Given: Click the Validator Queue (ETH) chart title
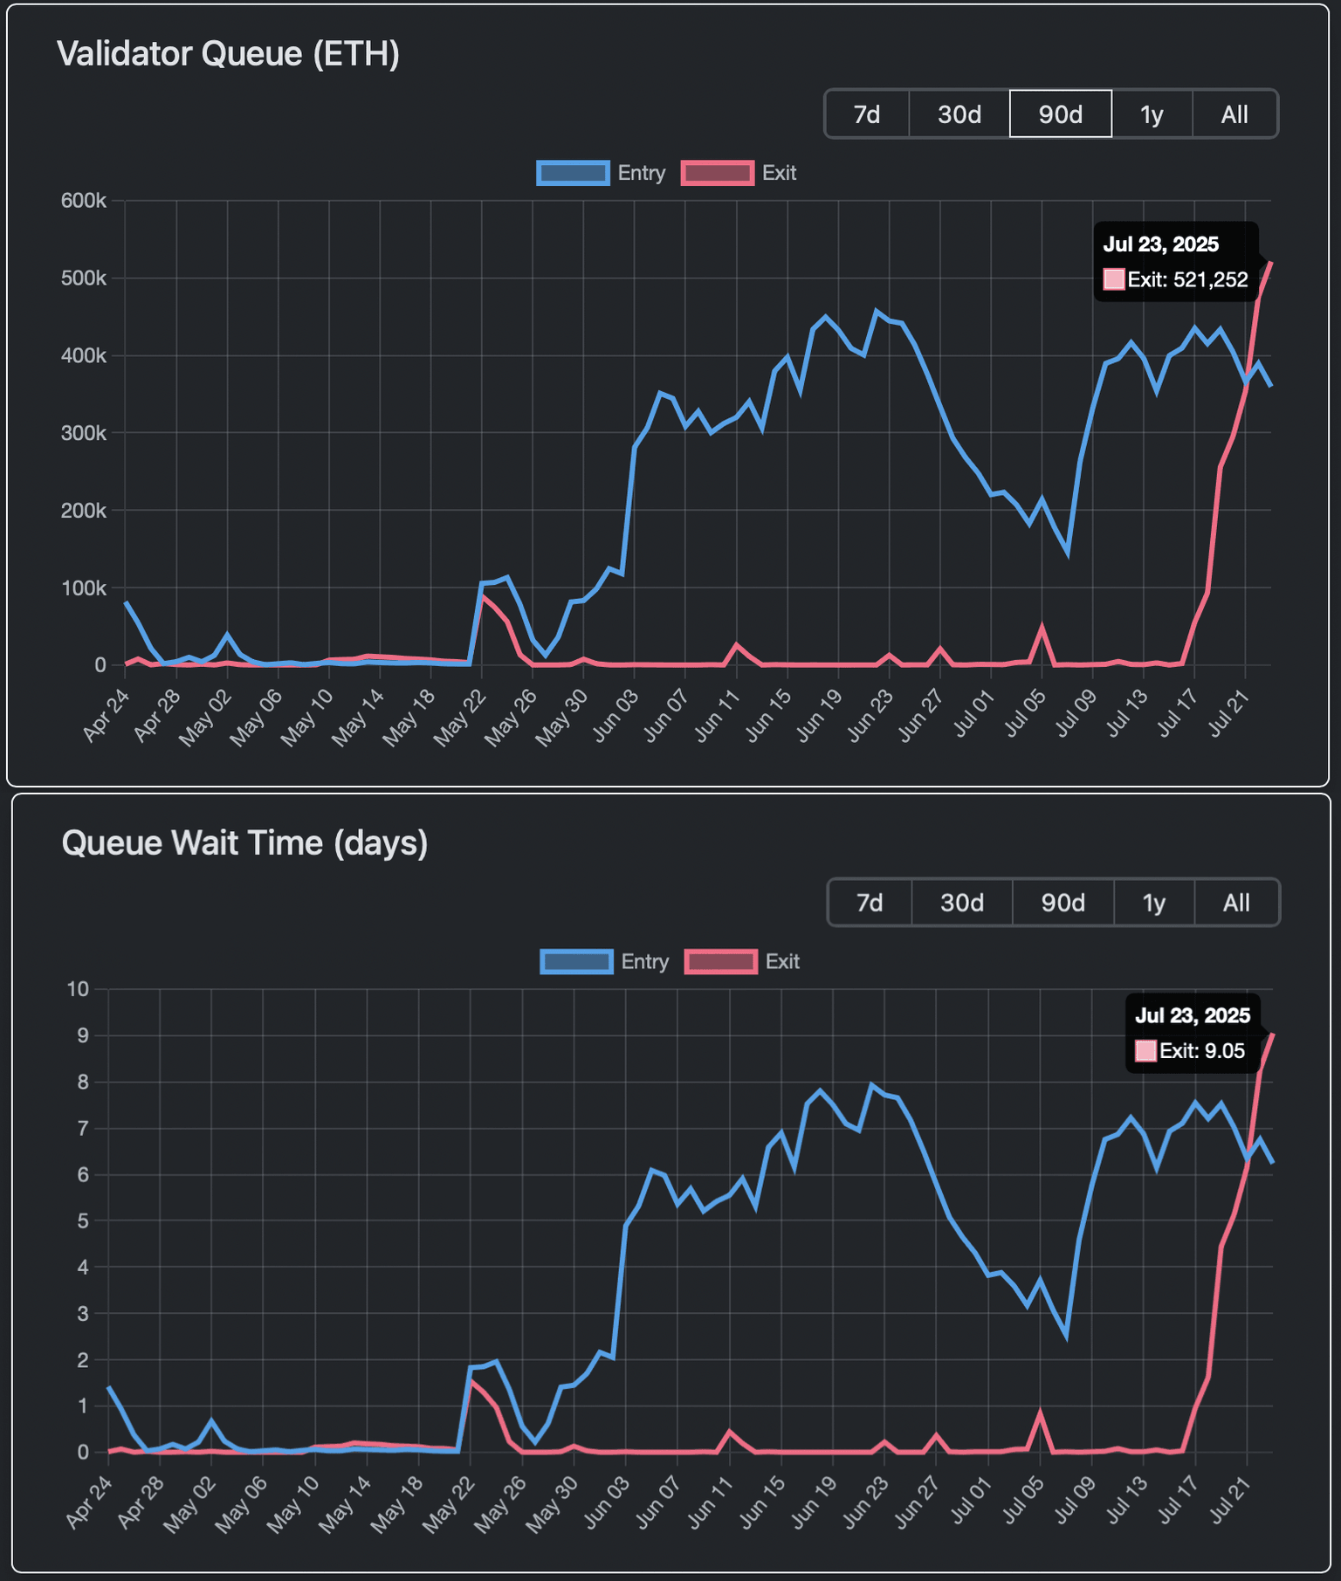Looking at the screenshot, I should coord(228,54).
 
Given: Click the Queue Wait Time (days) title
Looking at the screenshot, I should coord(244,843).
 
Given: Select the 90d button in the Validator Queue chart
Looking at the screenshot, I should coord(1060,114).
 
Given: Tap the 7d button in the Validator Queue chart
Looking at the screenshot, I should coord(866,114).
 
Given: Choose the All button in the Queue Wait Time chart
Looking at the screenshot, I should coord(1235,903).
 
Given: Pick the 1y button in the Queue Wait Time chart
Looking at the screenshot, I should coord(1153,903).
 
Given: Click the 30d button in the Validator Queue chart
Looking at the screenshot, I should coord(959,114).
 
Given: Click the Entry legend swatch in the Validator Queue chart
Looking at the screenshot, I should coord(573,173).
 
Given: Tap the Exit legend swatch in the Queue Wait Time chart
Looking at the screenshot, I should coord(720,962).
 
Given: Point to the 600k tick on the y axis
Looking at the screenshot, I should coord(84,201).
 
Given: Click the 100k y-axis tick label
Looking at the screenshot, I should coord(84,588).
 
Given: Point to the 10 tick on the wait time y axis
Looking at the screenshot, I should coord(79,989).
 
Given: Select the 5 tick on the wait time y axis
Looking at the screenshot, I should coord(83,1221).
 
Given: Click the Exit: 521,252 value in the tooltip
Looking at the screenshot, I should coord(1186,280).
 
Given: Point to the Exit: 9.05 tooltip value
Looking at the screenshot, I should coord(1201,1051).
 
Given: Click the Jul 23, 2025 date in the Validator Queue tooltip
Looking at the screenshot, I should coord(1160,244).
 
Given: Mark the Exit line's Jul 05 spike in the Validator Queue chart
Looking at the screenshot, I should coord(1042,627).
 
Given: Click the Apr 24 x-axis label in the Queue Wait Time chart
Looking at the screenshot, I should coord(88,1503).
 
